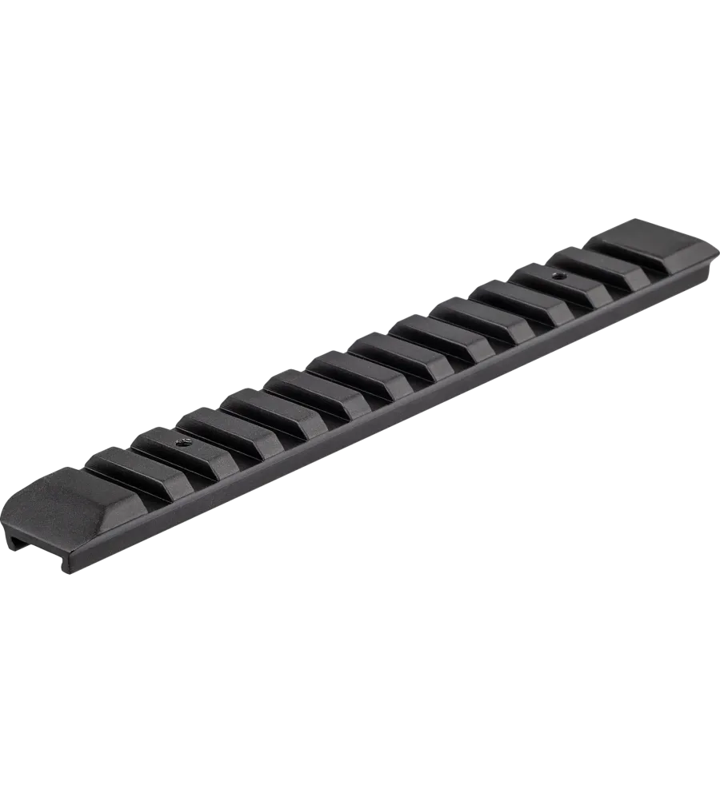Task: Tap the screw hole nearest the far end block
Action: pyautogui.click(x=559, y=276)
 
